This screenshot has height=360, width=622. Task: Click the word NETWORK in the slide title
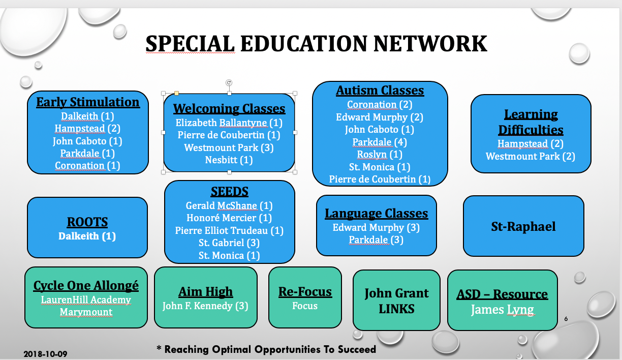(x=430, y=44)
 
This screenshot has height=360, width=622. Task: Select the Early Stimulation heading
(x=88, y=102)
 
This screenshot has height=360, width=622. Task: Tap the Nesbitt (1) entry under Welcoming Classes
(x=229, y=160)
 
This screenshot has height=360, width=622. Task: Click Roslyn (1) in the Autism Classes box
(x=380, y=154)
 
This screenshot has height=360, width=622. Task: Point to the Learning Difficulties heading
(x=531, y=122)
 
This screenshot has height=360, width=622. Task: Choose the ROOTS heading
(x=87, y=222)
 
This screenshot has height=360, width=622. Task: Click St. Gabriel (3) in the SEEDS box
(x=229, y=243)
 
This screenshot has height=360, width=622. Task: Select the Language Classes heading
(x=377, y=214)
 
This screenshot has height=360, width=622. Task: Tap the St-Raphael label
(x=523, y=226)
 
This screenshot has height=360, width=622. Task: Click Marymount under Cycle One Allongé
(x=86, y=312)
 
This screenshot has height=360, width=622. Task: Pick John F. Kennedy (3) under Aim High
(x=205, y=306)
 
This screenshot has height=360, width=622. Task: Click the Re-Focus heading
(x=305, y=292)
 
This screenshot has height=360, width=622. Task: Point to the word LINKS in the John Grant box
(x=396, y=309)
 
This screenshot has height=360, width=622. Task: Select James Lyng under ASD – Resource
(x=502, y=310)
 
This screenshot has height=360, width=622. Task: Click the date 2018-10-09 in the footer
(x=45, y=354)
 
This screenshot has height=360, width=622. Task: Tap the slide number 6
(x=566, y=319)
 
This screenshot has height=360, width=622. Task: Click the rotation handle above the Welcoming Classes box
(x=229, y=82)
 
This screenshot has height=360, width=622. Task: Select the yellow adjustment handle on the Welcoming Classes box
(x=176, y=94)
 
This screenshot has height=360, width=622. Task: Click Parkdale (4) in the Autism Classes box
(x=380, y=142)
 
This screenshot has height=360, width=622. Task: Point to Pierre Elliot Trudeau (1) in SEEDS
(x=229, y=230)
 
